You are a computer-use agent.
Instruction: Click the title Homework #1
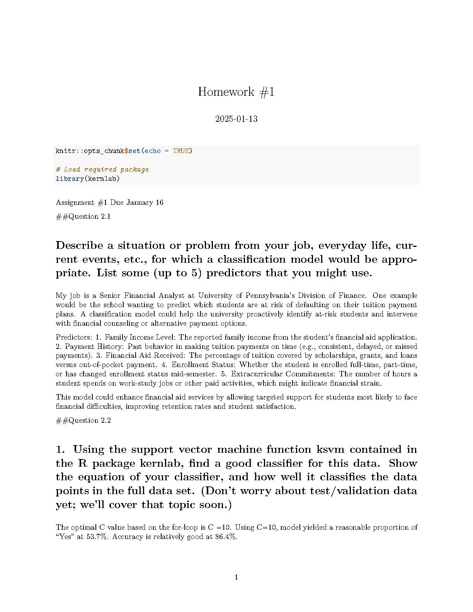click(x=236, y=92)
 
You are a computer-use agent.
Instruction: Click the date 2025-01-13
click(x=236, y=119)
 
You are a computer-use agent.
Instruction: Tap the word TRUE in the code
click(x=181, y=151)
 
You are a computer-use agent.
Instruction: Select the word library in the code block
click(x=70, y=178)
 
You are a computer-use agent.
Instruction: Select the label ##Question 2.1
click(x=83, y=216)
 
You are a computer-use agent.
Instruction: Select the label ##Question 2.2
click(x=83, y=420)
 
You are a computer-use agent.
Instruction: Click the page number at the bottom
click(x=236, y=577)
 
